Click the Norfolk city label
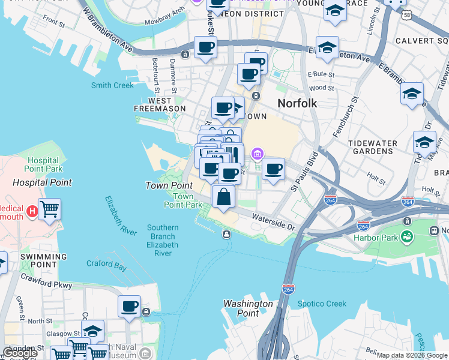297,103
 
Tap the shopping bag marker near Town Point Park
223,196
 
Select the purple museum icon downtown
257,155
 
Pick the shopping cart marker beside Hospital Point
49,209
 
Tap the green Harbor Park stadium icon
408,236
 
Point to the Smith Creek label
112,85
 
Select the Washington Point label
248,308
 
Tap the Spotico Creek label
322,304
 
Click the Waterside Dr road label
274,223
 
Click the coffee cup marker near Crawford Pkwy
129,307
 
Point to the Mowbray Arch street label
166,13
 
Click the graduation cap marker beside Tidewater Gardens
424,142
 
